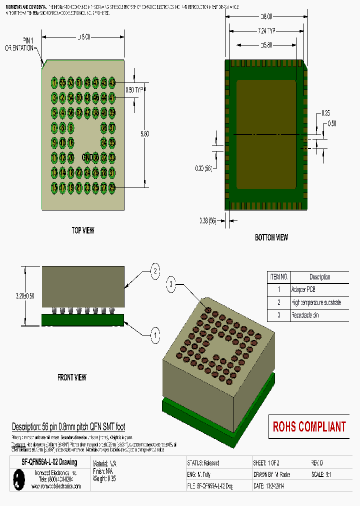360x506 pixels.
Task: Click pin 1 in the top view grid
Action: point(54,82)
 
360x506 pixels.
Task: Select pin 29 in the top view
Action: point(112,187)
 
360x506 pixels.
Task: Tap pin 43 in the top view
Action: point(112,82)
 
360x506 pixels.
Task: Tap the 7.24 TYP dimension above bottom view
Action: point(266,31)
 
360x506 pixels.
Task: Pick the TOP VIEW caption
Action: point(82,230)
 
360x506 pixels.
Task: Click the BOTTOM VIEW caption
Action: point(271,237)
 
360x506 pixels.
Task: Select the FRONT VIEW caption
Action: point(71,377)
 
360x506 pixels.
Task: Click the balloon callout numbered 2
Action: point(155,271)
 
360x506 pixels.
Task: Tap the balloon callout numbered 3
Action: point(171,285)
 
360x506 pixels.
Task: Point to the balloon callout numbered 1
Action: point(155,334)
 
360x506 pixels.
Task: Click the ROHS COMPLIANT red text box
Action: point(309,427)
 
